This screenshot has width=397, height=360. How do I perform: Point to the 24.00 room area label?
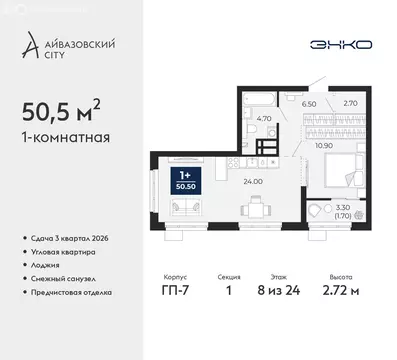pos(253,181)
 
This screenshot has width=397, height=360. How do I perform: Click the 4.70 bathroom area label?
pos(264,117)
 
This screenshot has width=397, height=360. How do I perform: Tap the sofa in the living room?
pos(185,208)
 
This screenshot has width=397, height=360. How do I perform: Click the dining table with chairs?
pos(256,207)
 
